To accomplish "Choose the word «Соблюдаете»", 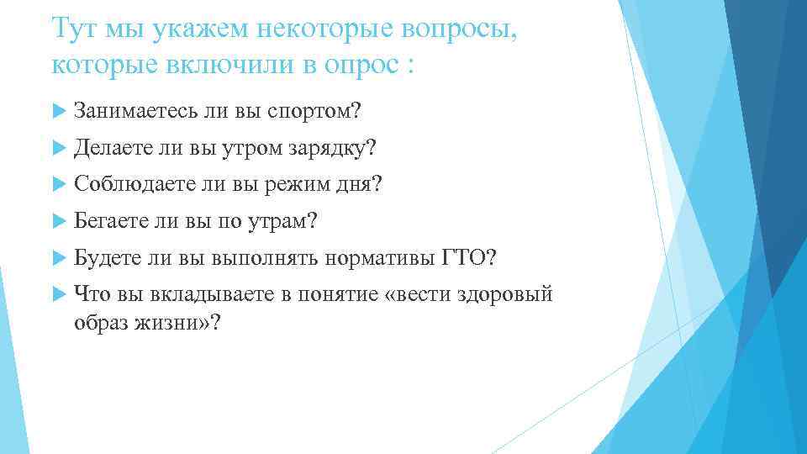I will click(x=124, y=184).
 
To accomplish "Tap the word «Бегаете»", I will click(x=111, y=221).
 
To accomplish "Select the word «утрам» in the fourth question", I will click(x=282, y=221).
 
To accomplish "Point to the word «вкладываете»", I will click(x=197, y=294).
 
